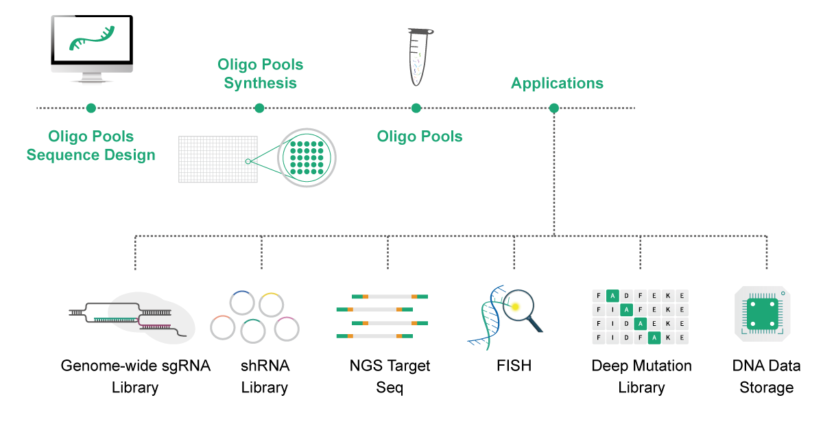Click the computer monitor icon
[x=91, y=44]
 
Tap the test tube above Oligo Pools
[x=419, y=58]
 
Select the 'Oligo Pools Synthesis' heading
[x=260, y=73]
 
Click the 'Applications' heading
[x=557, y=84]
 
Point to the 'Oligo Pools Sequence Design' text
[x=91, y=145]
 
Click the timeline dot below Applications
[x=554, y=108]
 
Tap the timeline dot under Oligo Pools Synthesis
[x=259, y=108]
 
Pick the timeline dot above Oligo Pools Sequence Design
[x=91, y=108]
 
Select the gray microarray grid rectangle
[x=217, y=158]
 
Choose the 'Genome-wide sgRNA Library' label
[x=135, y=376]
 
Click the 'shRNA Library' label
[x=265, y=376]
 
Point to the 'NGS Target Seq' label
[x=390, y=376]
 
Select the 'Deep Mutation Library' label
[x=641, y=376]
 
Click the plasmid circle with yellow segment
[x=272, y=305]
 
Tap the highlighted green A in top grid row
[x=613, y=296]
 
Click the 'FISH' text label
[x=514, y=366]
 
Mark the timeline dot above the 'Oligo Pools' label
[x=416, y=108]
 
